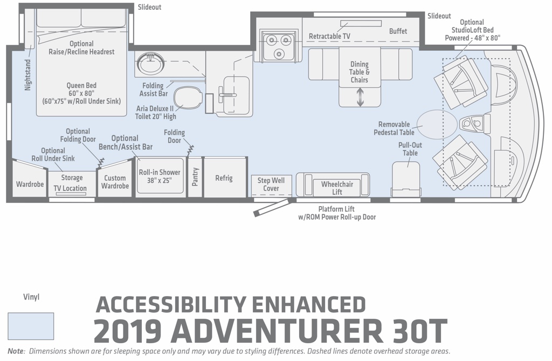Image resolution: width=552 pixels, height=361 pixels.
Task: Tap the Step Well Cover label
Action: [271, 185]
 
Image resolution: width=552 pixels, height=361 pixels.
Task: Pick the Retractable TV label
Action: [329, 36]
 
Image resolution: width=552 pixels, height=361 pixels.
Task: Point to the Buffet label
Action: [398, 31]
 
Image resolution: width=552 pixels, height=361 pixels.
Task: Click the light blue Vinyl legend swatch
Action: [31, 326]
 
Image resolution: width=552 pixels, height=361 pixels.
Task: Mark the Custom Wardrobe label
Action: [115, 182]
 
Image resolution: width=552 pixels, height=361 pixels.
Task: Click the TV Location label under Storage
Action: [70, 188]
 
